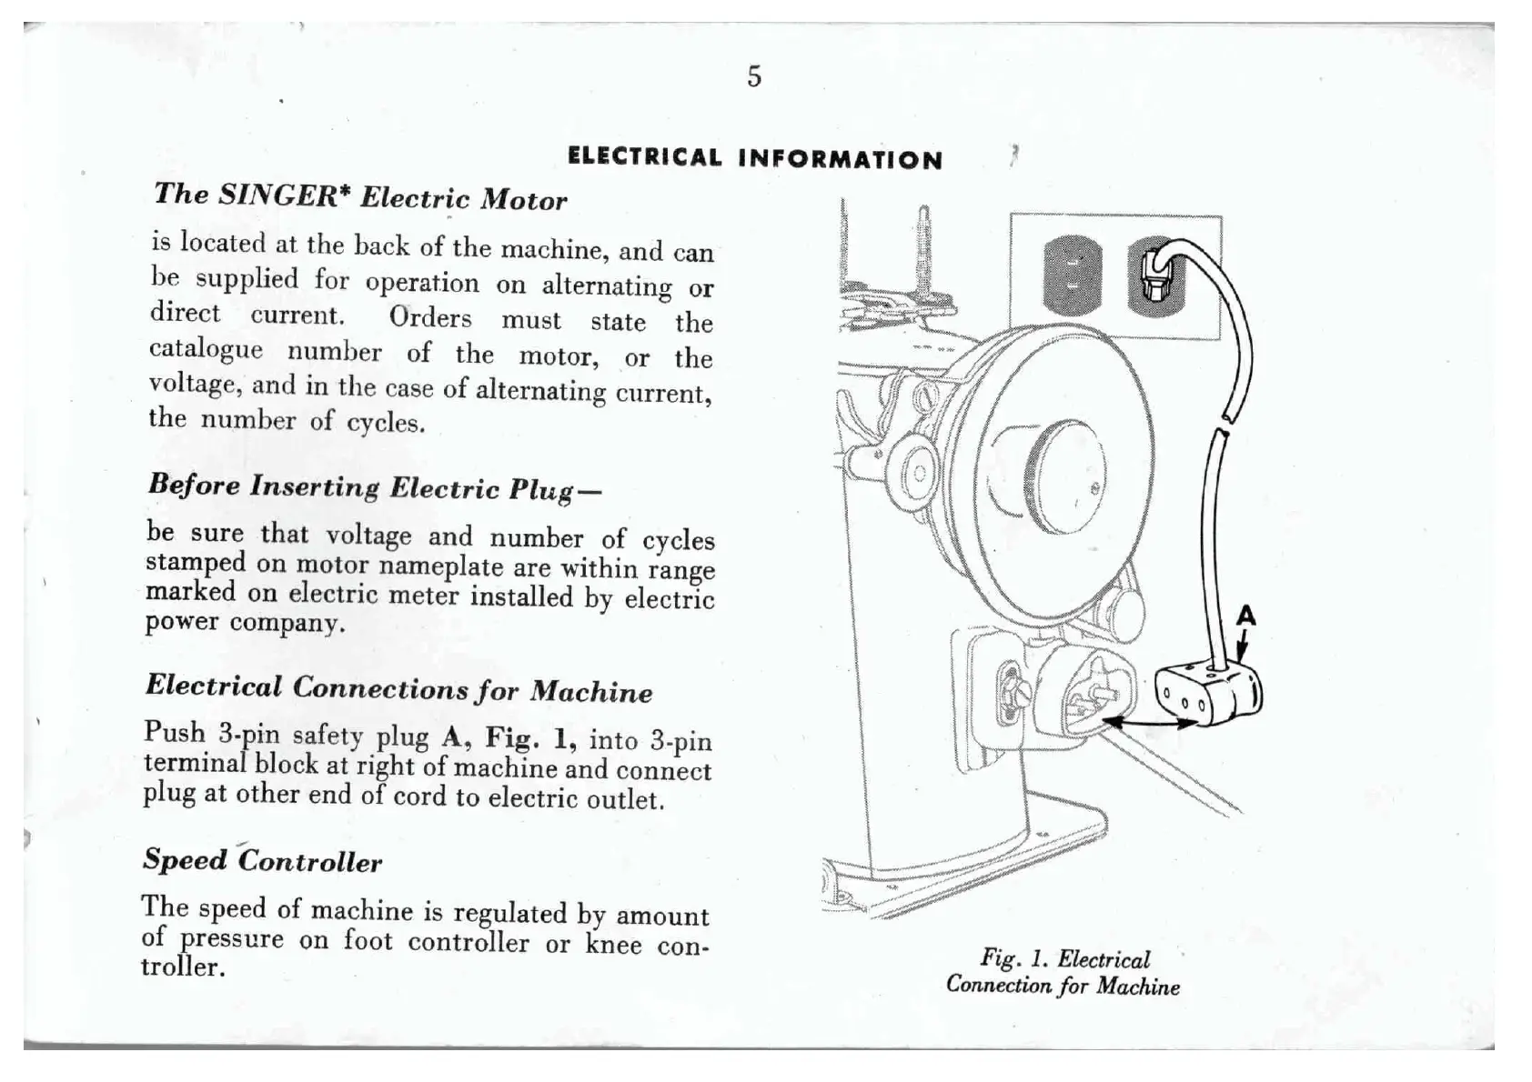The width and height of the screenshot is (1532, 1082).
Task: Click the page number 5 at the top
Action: pyautogui.click(x=754, y=76)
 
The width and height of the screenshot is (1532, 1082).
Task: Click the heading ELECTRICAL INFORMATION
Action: pyautogui.click(x=755, y=159)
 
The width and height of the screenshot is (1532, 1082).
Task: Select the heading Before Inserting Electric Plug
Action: pyautogui.click(x=374, y=486)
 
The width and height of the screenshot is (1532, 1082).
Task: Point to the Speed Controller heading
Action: pyautogui.click(x=262, y=860)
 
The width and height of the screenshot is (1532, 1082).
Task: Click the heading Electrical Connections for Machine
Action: pyautogui.click(x=398, y=689)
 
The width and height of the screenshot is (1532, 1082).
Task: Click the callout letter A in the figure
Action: pyautogui.click(x=1245, y=617)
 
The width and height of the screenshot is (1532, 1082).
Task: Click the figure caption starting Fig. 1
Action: pyautogui.click(x=1063, y=972)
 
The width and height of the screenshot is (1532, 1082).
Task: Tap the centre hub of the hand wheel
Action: pyautogui.click(x=1064, y=477)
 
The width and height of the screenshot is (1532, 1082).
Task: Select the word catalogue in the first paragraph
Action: pyautogui.click(x=206, y=349)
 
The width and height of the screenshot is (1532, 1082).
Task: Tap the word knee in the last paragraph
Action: pyautogui.click(x=613, y=944)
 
